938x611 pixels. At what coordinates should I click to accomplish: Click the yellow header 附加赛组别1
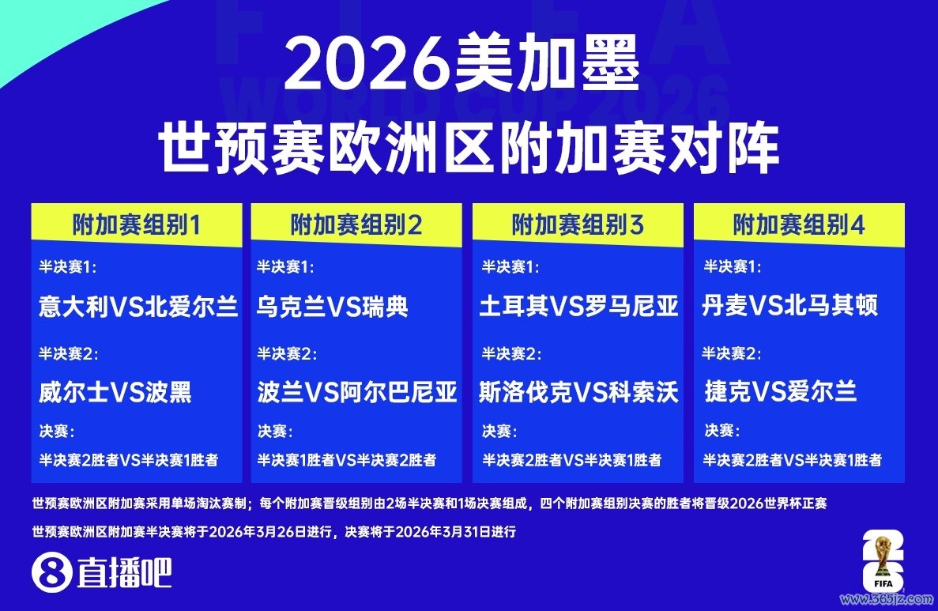coord(137,225)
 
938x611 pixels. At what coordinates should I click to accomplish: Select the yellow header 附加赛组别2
coord(356,225)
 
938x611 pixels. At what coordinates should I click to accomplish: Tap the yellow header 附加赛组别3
coord(578,225)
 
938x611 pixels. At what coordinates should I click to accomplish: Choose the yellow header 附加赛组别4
coord(799,225)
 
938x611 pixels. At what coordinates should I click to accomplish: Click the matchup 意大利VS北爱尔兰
coord(138,307)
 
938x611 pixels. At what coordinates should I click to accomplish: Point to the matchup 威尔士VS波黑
coord(115,393)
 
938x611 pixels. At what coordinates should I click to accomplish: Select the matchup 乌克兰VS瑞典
coord(333,307)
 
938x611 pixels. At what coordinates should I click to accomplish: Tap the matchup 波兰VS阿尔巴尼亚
coord(357,393)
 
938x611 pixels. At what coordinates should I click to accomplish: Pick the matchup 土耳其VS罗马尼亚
coord(579,307)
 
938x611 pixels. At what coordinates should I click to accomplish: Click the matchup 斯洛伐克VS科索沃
coord(579,393)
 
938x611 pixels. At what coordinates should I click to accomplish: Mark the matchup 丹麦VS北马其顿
coord(789,306)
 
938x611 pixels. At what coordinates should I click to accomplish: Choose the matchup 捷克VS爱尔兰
coord(781,392)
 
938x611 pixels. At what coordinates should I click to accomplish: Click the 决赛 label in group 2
coord(275,431)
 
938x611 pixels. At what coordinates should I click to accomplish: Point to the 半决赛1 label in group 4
coord(733,266)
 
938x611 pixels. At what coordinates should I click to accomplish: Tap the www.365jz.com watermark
coord(887,599)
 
